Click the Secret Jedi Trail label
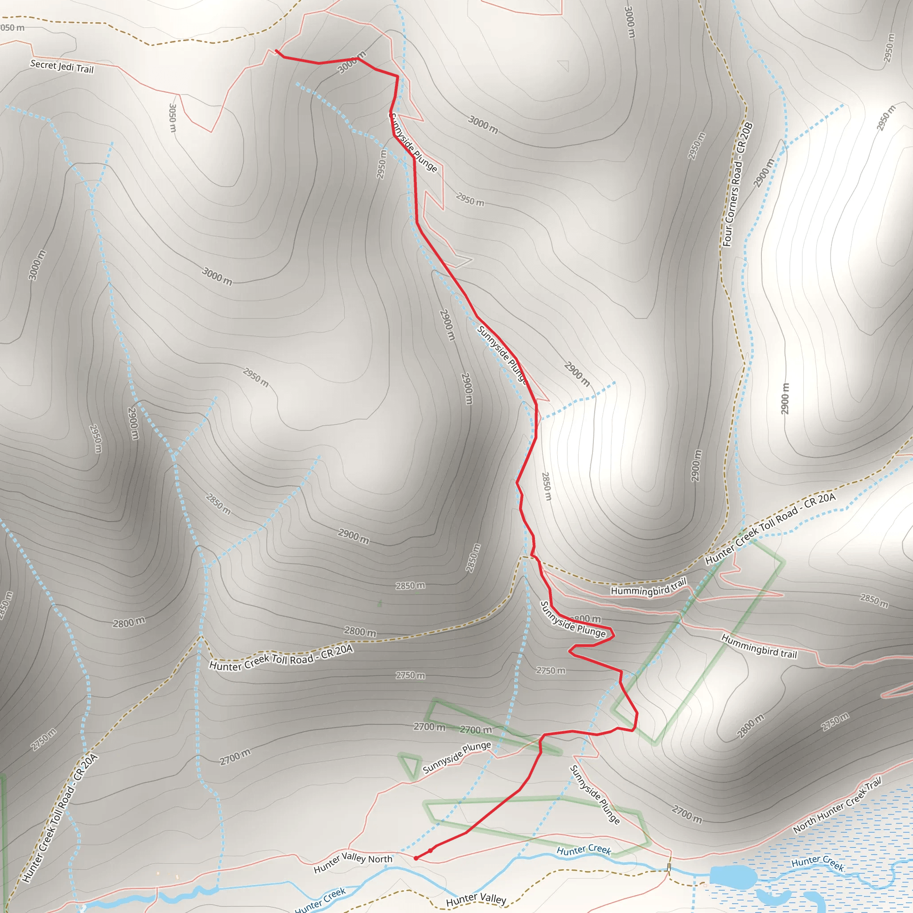(62, 66)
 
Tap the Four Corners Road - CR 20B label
(738, 184)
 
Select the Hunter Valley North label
(353, 863)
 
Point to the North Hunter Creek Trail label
(837, 805)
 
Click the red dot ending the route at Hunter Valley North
(415, 858)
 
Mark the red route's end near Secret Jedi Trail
(276, 50)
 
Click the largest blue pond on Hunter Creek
(733, 875)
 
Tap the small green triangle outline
(410, 765)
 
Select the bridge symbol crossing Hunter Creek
(669, 867)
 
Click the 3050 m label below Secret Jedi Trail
(173, 118)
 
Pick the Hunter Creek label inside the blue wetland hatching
(818, 863)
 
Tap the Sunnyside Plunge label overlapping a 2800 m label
(572, 619)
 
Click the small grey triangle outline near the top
(564, 65)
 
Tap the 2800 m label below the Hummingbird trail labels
(750, 726)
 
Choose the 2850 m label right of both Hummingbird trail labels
(874, 600)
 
